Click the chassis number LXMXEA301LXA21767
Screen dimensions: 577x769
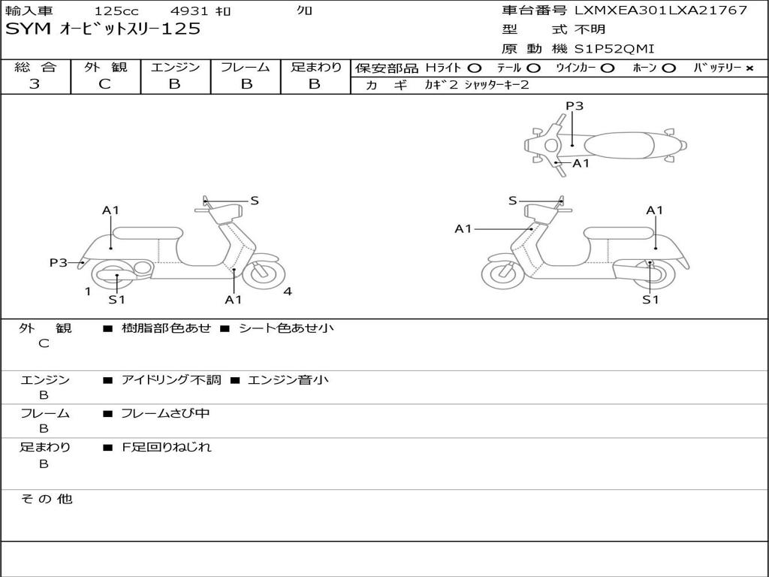[661, 11]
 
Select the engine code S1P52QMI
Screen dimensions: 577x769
[614, 49]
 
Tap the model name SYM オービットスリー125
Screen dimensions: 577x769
[103, 29]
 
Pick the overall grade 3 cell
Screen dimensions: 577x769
[35, 84]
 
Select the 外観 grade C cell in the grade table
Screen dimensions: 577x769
[104, 84]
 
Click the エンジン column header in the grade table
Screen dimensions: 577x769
[175, 67]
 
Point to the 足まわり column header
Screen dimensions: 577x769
[315, 67]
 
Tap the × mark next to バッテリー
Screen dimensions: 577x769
[749, 68]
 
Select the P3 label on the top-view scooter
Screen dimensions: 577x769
[574, 106]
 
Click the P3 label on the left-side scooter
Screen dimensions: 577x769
[59, 262]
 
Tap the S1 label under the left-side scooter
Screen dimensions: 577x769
[116, 300]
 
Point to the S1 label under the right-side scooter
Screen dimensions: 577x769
[650, 300]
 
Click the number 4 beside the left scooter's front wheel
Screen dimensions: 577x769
[288, 292]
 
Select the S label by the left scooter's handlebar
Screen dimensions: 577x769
[255, 201]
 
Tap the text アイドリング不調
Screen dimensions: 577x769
[171, 380]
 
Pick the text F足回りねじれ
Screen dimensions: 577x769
[167, 447]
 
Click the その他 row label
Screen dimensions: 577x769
[46, 499]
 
